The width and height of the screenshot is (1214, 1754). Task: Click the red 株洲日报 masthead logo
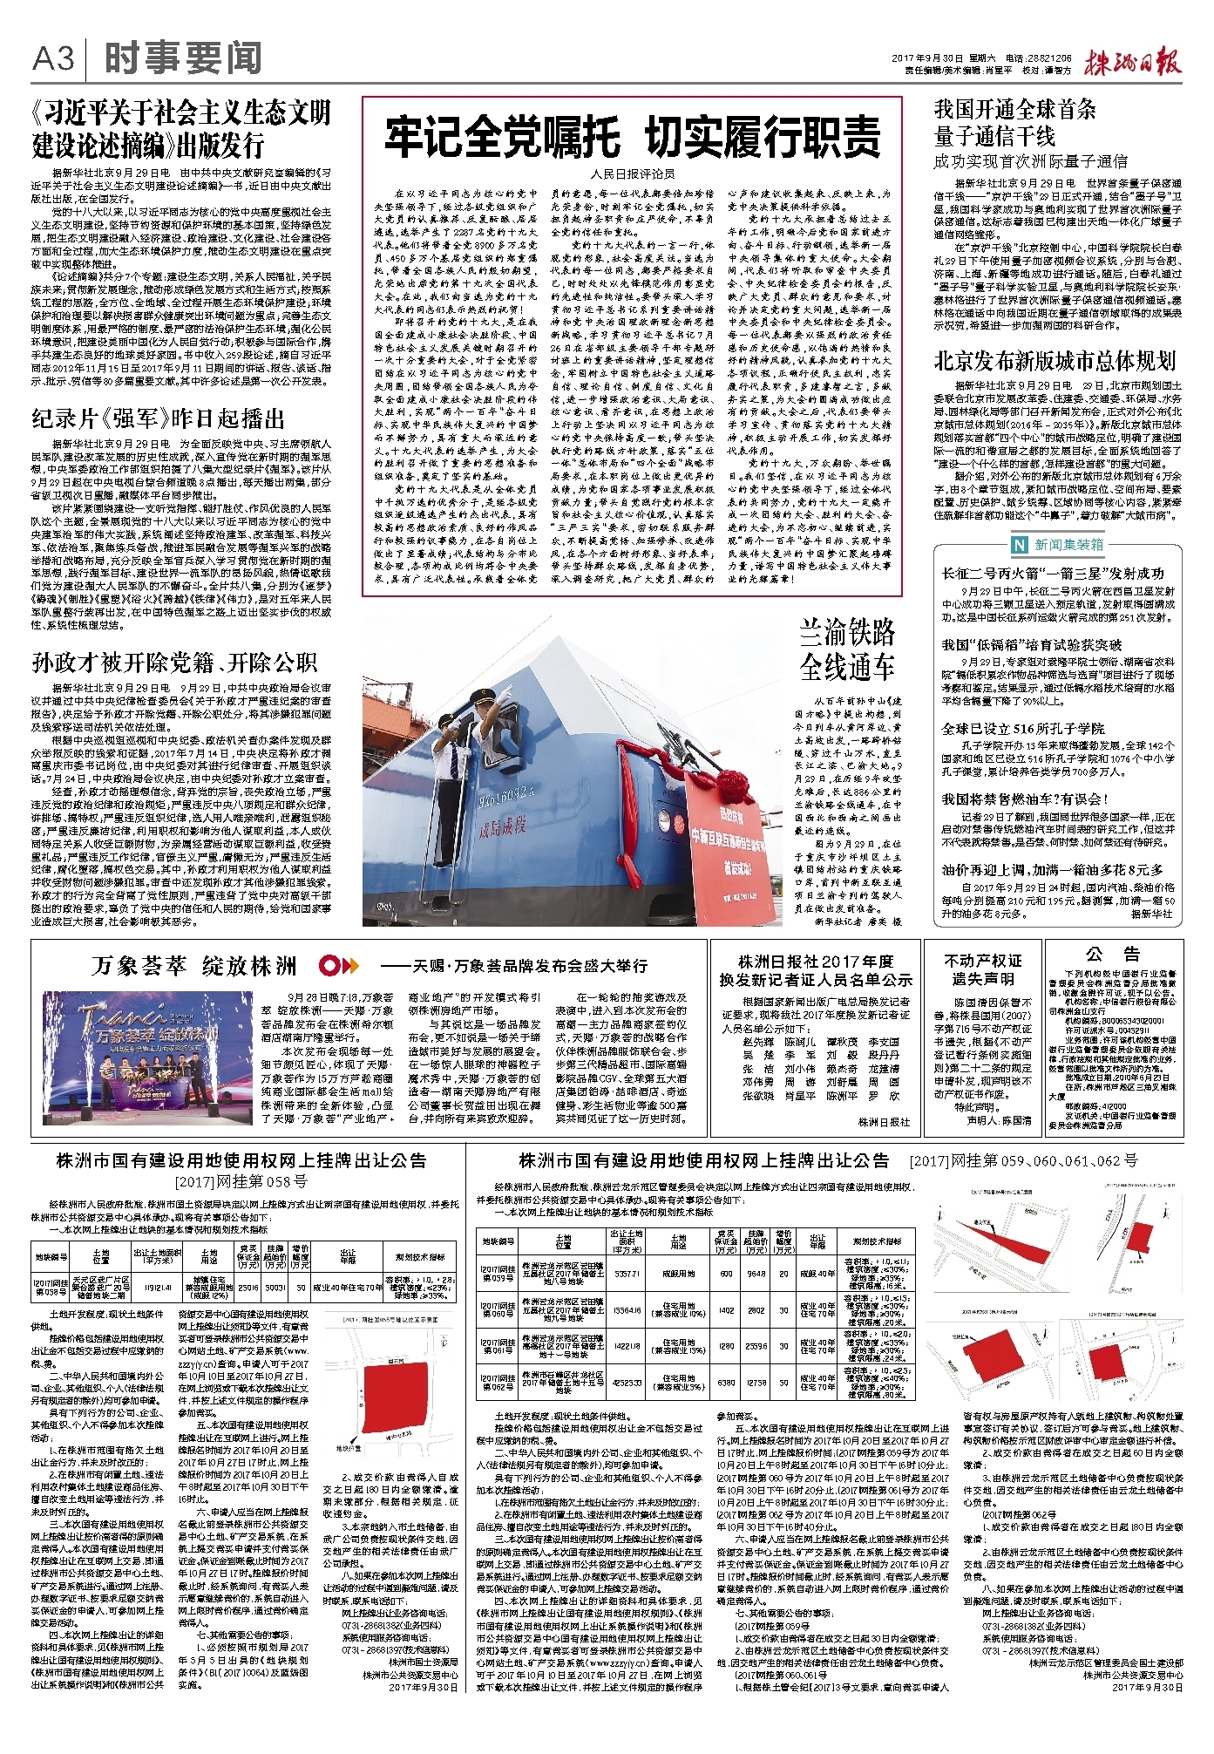coord(1132,63)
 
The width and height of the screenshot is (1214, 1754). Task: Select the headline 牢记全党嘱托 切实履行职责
coord(632,137)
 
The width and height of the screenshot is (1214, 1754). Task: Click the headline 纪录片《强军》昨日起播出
coord(159,419)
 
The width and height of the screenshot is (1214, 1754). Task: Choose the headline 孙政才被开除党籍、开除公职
coord(174,663)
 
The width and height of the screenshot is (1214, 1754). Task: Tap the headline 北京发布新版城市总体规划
coord(1055,361)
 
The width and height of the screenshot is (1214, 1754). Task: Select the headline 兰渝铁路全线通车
coord(847,649)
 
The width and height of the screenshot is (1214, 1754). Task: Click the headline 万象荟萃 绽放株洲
coord(194,966)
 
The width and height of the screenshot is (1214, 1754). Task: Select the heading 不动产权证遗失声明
coord(982,969)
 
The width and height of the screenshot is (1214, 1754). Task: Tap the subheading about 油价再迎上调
coord(1052,869)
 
